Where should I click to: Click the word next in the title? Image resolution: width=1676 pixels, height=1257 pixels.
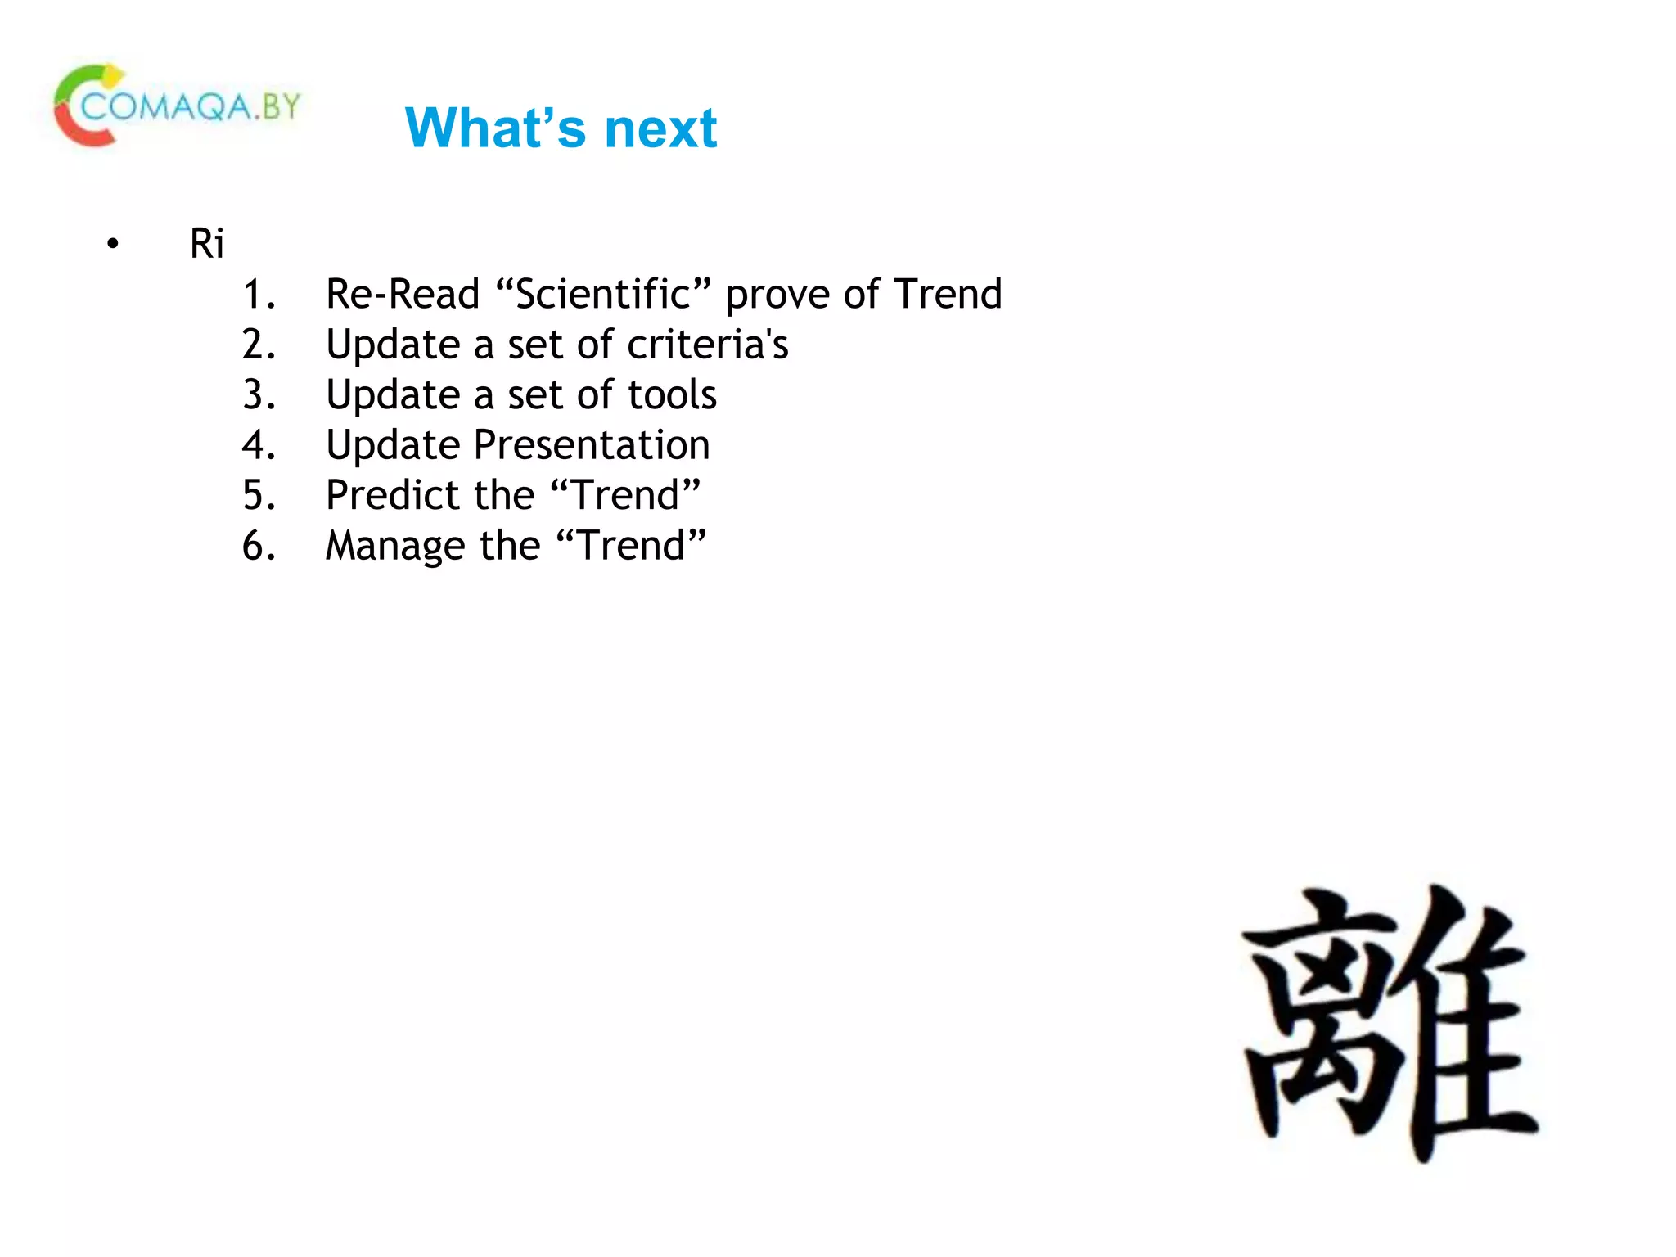(x=660, y=128)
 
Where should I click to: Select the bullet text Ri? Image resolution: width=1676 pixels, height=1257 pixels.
(x=206, y=243)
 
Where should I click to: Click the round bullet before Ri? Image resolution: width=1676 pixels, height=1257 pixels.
(x=113, y=244)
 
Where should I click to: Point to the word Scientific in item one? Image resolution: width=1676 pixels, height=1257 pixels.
(x=603, y=294)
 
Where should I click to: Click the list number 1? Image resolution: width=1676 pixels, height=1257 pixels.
(x=258, y=295)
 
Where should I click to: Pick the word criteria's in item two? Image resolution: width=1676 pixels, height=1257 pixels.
(x=707, y=345)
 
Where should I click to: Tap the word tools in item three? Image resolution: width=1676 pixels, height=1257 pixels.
(x=672, y=394)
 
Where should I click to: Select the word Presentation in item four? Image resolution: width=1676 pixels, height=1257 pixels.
(x=592, y=445)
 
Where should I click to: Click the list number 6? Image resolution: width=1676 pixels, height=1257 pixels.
(x=258, y=546)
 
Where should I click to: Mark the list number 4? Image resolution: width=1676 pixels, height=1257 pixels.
(x=258, y=445)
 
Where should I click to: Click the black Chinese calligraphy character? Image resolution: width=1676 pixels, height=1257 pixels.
(x=1389, y=1023)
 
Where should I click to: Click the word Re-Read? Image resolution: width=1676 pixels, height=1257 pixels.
(x=402, y=294)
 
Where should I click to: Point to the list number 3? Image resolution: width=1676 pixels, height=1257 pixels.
(x=258, y=394)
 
